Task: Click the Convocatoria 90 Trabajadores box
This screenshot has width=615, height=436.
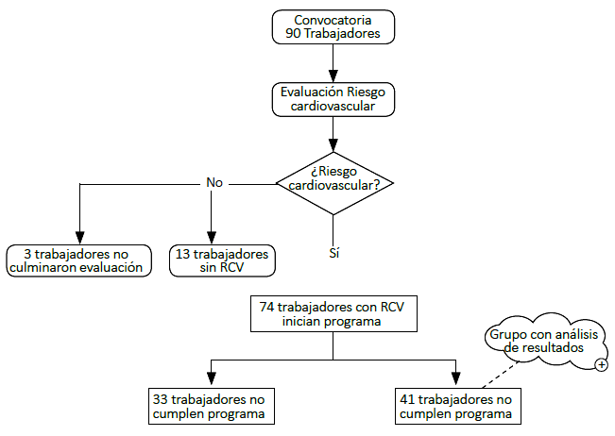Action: coord(333,27)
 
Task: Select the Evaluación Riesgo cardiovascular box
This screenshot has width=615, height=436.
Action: coord(333,99)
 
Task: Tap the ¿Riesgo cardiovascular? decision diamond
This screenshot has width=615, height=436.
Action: coord(334,183)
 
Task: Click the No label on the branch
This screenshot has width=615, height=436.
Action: coord(214,182)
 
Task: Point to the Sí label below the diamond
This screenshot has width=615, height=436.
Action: coord(333,253)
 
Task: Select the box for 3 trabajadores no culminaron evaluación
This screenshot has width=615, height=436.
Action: coord(78,260)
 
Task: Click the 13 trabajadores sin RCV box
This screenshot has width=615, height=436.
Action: coord(222,260)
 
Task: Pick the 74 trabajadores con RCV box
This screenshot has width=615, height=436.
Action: coord(333,313)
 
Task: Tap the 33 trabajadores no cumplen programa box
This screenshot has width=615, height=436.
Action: coord(212,406)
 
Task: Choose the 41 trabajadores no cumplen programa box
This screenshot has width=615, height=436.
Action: coord(458,406)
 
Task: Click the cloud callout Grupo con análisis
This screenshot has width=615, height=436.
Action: coord(546,341)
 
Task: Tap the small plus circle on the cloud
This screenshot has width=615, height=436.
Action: coord(601,365)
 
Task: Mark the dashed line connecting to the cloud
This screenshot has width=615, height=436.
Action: coord(501,375)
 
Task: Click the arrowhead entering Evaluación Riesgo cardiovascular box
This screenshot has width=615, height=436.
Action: coord(333,76)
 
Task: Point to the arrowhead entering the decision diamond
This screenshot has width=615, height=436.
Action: coord(333,145)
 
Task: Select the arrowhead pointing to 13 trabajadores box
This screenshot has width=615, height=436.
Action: coord(212,238)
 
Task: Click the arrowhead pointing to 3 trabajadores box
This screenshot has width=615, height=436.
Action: coord(79,238)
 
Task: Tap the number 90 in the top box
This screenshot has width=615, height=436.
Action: coord(293,34)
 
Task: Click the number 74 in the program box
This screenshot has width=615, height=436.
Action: coord(266,307)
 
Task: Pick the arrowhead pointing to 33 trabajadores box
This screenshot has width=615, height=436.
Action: coord(212,378)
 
